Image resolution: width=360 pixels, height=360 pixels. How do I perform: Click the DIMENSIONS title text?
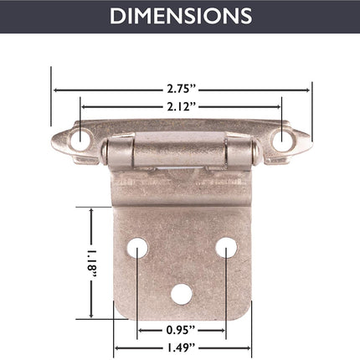tap(181, 16)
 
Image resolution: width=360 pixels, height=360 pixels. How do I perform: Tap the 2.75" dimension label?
tap(182, 89)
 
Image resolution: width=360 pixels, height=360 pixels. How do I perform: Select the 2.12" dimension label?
tap(182, 106)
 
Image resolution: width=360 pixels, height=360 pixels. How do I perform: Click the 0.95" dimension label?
tap(181, 330)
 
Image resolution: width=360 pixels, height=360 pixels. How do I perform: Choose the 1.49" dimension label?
tap(181, 347)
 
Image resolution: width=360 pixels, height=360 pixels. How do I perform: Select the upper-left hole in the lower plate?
tap(137, 248)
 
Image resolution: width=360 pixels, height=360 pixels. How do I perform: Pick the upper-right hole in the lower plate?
tap(226, 248)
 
